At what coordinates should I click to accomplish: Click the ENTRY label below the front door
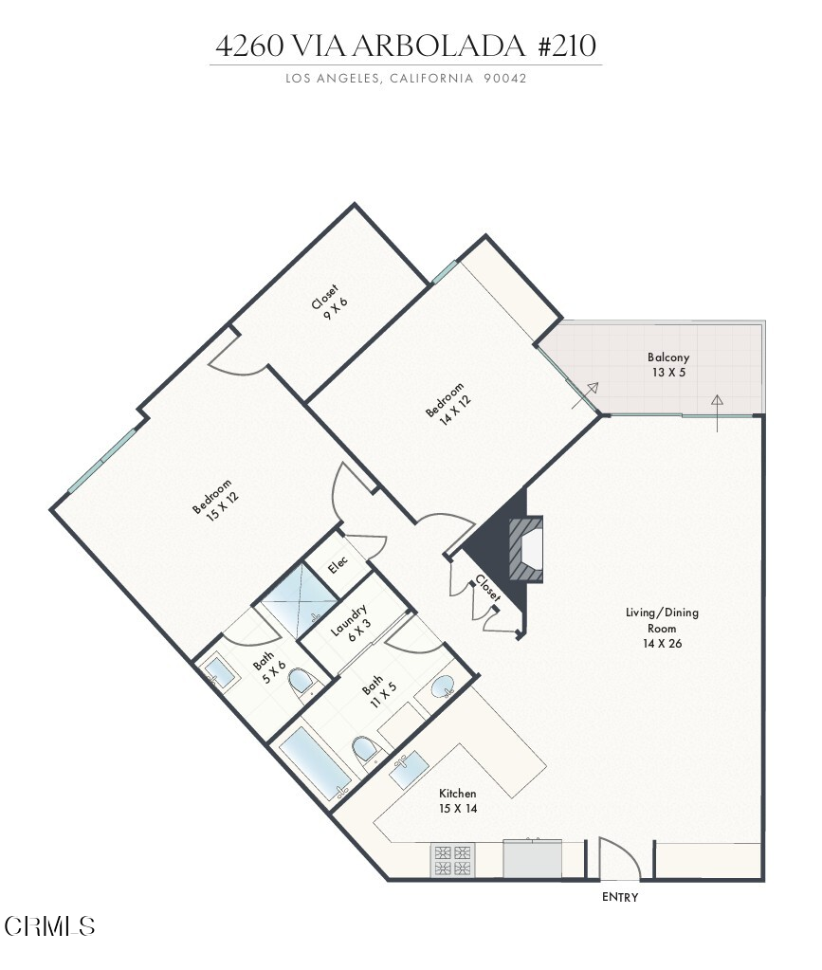tap(620, 897)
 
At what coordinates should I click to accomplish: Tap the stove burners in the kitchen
tap(452, 861)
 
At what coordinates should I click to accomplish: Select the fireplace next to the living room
tap(526, 549)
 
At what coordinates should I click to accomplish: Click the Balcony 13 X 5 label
tap(668, 364)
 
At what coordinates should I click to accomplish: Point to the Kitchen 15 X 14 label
tap(458, 800)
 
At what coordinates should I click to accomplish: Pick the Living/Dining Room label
tap(662, 628)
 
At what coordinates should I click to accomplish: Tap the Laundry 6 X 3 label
tap(351, 623)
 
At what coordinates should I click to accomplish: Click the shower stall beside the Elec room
tap(297, 599)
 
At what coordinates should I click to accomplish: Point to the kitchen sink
tap(409, 770)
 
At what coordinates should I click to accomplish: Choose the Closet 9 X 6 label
tap(330, 302)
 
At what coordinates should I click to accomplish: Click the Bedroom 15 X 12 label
tap(215, 500)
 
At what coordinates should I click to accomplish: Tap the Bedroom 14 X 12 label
tap(448, 404)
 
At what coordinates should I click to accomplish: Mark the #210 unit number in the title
tap(567, 46)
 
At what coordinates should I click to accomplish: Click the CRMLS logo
tap(49, 926)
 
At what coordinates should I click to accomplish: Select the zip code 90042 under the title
tap(505, 79)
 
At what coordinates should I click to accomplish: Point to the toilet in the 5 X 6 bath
tap(302, 683)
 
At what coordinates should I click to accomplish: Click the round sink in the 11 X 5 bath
tap(443, 686)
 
